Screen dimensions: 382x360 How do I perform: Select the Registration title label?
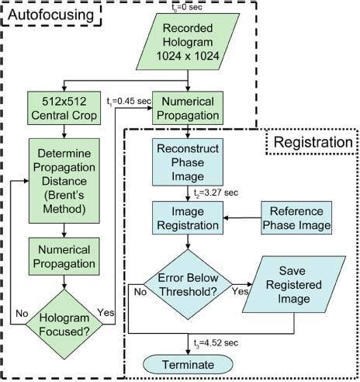coord(308,142)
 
